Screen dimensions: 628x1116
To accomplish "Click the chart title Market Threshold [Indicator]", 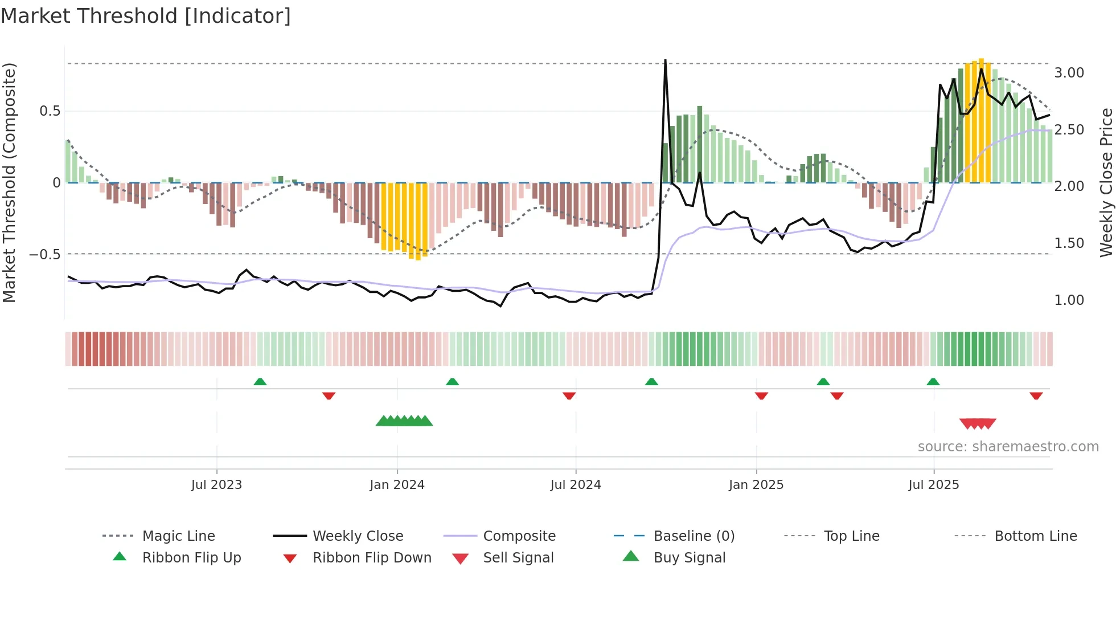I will point(146,16).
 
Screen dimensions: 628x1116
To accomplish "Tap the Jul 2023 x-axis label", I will point(216,485).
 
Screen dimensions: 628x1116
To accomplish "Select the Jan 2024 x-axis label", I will point(397,485).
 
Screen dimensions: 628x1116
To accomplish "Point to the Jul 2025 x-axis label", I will point(933,485).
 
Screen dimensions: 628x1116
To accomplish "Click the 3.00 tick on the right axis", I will point(1069,73).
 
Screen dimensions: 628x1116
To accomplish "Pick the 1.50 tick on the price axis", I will point(1069,243).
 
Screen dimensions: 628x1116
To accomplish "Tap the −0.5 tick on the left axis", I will point(44,254).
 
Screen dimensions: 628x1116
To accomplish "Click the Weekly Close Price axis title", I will point(1106,182).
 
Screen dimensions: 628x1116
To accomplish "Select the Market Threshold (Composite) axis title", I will point(9,182).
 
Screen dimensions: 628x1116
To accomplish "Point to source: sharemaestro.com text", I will point(1008,447).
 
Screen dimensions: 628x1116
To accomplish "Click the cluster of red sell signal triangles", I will point(978,423).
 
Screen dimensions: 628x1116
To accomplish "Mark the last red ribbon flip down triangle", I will point(1036,395).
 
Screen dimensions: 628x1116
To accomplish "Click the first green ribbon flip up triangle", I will point(260,382).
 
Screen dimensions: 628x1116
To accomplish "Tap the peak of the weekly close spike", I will point(665,62).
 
